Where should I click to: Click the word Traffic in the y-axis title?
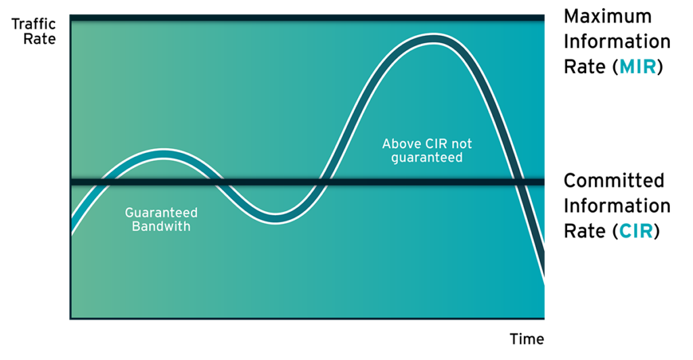tap(34, 24)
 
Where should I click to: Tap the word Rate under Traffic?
tap(39, 39)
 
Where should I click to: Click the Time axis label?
tap(527, 339)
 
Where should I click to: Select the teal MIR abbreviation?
tap(638, 67)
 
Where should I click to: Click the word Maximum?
tap(608, 16)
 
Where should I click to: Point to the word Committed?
tap(614, 181)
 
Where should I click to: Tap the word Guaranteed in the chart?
tap(161, 212)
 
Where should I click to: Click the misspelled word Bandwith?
tap(161, 226)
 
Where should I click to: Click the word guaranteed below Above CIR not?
tap(427, 158)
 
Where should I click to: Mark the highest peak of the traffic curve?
tap(434, 39)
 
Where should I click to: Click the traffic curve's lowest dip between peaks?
tap(275, 218)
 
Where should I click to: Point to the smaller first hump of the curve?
tap(164, 154)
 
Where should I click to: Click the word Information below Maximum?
tap(617, 41)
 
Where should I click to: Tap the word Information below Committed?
tap(617, 206)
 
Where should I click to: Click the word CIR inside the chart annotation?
tap(436, 144)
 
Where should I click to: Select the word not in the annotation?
tap(461, 144)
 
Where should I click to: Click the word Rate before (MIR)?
tap(585, 67)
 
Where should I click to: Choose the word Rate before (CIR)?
tap(585, 231)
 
